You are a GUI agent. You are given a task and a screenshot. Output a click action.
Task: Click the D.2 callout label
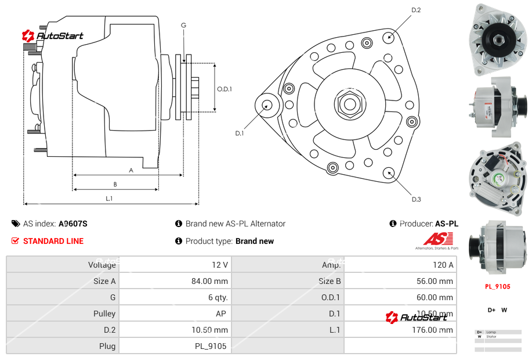416,10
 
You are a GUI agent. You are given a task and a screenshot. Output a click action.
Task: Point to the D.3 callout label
416,199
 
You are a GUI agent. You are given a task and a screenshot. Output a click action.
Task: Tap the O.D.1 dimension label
225,89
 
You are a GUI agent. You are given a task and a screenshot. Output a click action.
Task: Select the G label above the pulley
183,25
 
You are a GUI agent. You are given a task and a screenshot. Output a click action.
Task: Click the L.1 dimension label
109,199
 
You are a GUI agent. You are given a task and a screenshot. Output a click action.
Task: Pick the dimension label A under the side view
131,170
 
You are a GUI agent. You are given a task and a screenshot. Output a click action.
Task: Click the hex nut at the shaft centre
349,105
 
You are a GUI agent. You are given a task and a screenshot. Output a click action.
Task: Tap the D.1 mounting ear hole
267,105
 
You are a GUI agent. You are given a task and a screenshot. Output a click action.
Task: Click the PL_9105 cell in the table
211,346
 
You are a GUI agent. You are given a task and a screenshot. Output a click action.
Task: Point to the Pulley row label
104,314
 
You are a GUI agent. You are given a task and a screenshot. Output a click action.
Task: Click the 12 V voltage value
219,265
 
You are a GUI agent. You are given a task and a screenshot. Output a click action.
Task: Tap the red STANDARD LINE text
53,241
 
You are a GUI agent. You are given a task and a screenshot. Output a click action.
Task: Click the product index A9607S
73,224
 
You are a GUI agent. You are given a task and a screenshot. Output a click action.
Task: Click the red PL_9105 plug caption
498,286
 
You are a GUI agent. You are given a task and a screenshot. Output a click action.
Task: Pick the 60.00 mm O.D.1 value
438,297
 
